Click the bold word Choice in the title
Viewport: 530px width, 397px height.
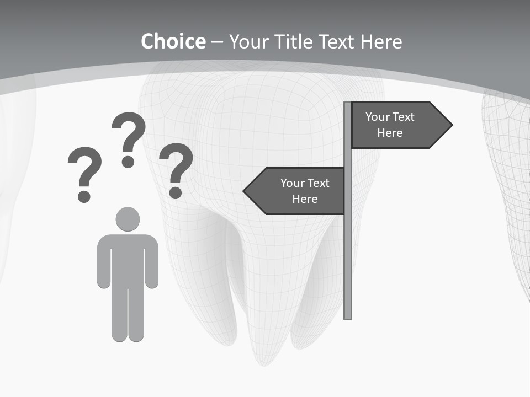173,42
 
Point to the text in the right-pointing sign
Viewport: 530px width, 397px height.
390,125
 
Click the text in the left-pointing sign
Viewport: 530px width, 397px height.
305,191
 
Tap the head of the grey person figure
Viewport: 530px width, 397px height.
128,219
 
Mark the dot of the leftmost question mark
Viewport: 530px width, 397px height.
84,196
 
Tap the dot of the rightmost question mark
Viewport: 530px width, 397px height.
176,192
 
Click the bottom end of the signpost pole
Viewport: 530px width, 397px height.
348,316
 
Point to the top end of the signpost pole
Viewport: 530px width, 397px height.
348,104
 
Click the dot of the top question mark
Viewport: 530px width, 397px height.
128,162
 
